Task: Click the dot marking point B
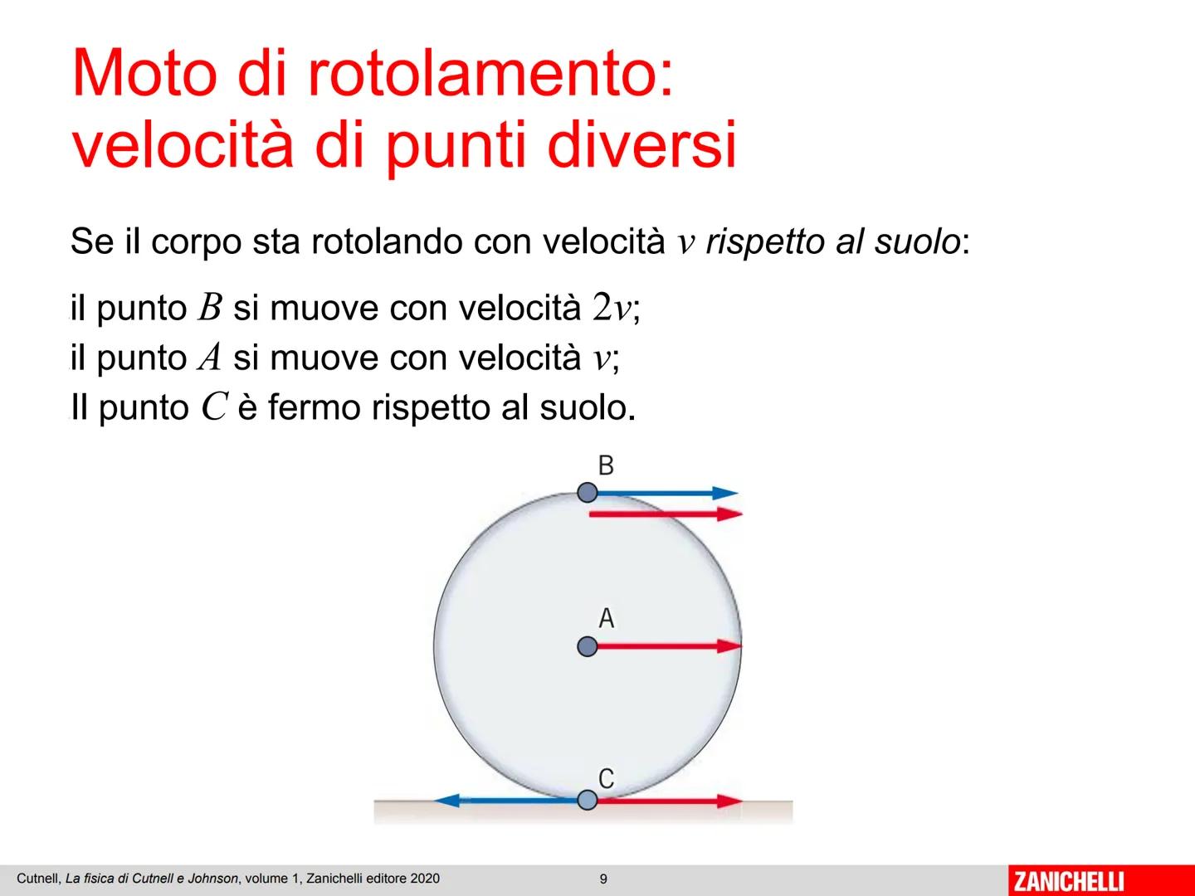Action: click(587, 493)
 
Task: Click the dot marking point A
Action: click(587, 646)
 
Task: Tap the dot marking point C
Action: click(587, 800)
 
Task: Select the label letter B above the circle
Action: click(606, 465)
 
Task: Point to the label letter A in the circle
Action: click(607, 618)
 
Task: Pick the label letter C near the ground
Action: click(607, 778)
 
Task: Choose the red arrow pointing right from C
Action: click(669, 801)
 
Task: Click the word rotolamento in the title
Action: click(490, 75)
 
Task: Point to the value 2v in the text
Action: click(612, 309)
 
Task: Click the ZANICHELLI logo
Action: click(1069, 880)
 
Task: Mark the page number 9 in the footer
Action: click(603, 879)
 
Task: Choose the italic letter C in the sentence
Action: click(214, 408)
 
